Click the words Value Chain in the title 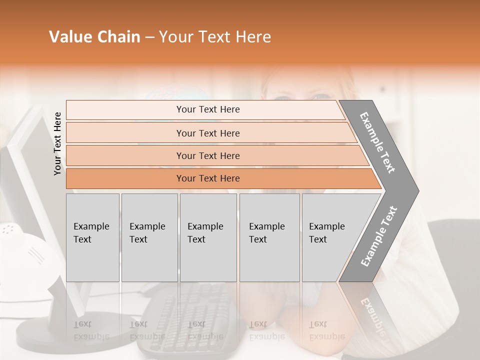coord(94,37)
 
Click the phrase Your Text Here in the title coord(215,37)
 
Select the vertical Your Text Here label coord(57,143)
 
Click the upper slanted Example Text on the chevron coord(377,142)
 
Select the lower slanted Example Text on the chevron coord(378,236)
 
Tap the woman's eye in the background coord(284,98)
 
